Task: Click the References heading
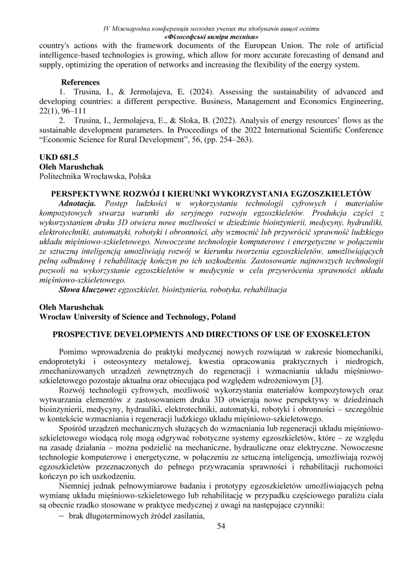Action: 80,82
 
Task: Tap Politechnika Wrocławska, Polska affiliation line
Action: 95,177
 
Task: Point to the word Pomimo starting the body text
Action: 73,352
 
